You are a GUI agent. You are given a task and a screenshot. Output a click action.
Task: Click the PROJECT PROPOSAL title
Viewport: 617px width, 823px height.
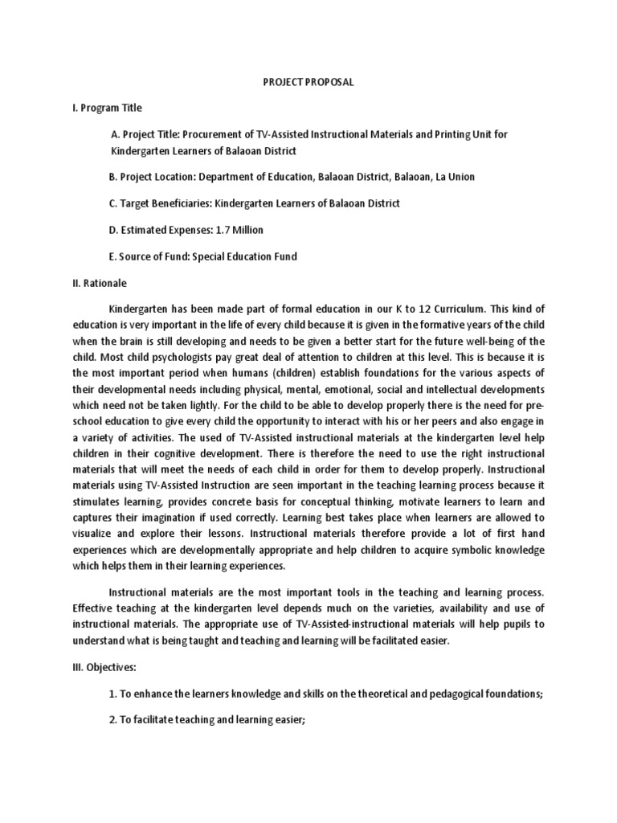308,81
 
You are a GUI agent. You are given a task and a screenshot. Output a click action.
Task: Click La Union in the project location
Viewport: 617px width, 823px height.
462,177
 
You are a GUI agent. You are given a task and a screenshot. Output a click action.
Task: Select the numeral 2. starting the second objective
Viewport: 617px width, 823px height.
112,720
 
